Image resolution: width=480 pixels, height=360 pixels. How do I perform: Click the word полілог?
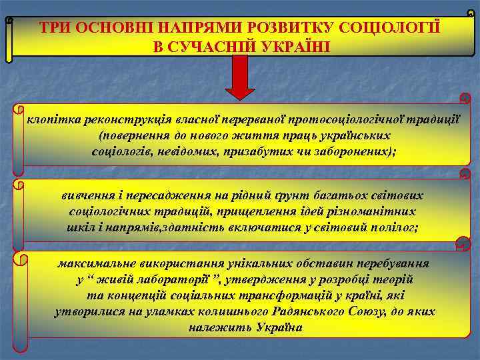tap(392, 227)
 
